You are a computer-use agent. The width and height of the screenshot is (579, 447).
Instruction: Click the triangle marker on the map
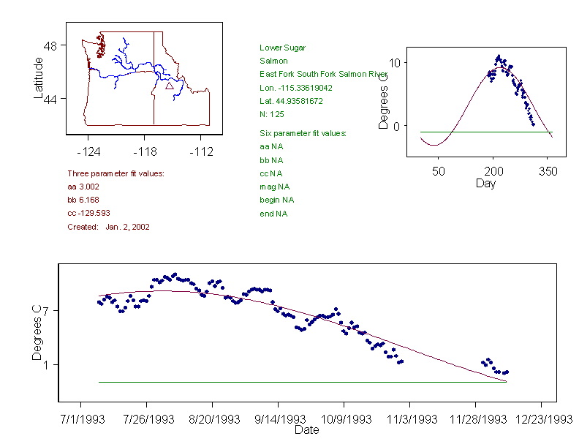click(170, 86)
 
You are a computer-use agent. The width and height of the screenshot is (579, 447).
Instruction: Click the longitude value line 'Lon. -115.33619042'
click(296, 88)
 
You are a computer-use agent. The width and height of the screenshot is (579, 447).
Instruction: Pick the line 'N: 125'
click(271, 114)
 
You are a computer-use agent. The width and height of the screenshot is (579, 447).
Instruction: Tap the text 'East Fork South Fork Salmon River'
click(323, 75)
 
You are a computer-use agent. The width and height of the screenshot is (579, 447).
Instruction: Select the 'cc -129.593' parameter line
click(88, 213)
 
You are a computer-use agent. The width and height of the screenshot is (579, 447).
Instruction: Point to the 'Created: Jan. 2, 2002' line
click(108, 227)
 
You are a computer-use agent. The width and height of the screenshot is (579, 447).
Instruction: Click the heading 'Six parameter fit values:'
click(303, 133)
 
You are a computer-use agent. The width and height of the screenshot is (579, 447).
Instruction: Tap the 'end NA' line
click(273, 214)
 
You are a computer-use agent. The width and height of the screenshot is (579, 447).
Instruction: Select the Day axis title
click(485, 183)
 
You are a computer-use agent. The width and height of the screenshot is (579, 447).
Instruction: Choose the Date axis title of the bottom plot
click(307, 430)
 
